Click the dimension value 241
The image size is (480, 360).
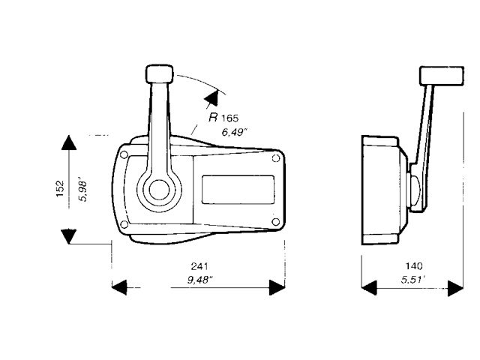199,267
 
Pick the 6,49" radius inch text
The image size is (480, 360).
236,133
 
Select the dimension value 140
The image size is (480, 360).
413,266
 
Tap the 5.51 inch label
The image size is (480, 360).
413,281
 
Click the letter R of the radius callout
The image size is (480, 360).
214,118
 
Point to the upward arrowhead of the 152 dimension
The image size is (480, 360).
69,145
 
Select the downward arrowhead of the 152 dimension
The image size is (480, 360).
69,236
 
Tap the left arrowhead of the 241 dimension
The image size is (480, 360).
120,286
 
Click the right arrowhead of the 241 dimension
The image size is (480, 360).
277,286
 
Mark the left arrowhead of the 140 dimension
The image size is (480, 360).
370,286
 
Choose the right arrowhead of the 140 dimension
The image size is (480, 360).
455,286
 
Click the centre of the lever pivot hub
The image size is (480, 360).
158,188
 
